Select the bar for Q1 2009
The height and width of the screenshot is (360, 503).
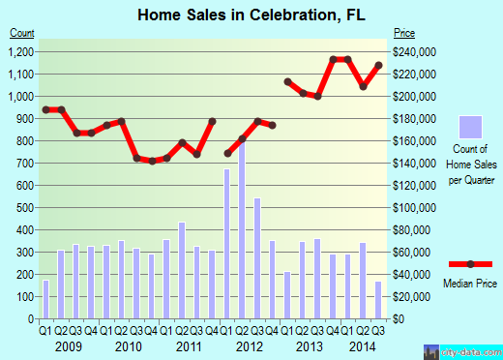tap(45, 299)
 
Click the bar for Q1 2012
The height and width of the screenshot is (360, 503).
tap(228, 243)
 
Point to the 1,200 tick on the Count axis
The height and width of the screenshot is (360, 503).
tap(22, 52)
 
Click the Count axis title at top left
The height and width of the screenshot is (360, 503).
tap(23, 33)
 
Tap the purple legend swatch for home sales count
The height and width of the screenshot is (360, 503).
tap(470, 127)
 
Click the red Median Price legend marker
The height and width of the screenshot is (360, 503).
tap(471, 263)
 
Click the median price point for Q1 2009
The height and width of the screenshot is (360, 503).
tap(45, 109)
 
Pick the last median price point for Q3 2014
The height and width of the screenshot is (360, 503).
tap(379, 65)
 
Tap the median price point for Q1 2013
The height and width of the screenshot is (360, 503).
tap(287, 81)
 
